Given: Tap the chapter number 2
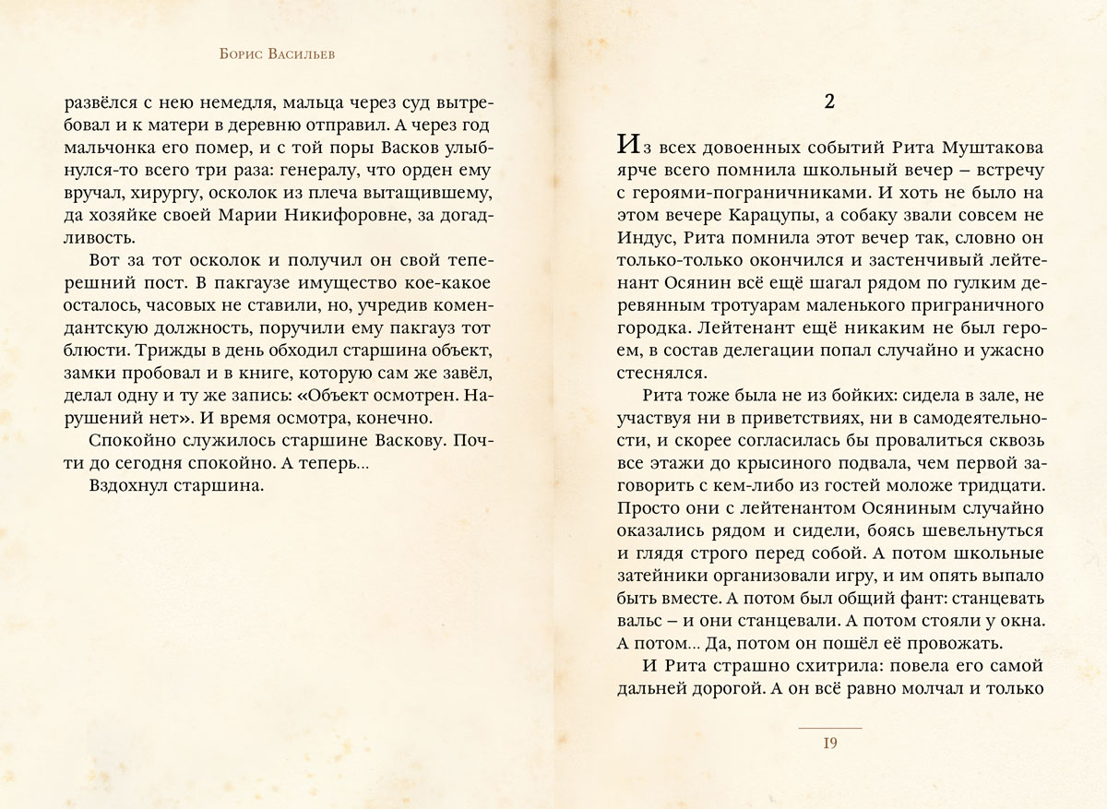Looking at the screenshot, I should (829, 101).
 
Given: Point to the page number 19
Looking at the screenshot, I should (829, 744).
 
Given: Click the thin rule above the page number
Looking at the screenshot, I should (829, 729).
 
